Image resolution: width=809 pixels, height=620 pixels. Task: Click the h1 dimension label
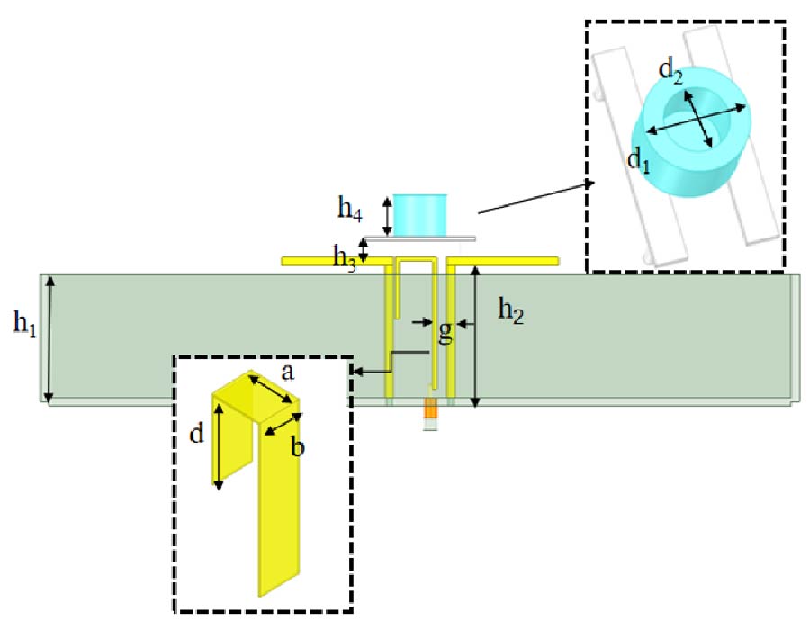click(x=24, y=322)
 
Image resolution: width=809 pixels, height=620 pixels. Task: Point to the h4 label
click(x=351, y=210)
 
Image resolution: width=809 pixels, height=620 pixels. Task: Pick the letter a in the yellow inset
click(x=288, y=371)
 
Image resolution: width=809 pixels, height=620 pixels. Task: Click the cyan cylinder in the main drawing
click(x=420, y=214)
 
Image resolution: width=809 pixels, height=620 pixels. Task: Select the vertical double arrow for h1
click(x=50, y=337)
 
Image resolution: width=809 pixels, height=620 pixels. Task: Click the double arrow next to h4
click(x=388, y=214)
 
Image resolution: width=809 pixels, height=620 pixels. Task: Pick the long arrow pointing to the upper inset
click(x=535, y=197)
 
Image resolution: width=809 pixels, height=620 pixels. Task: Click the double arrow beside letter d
click(x=218, y=448)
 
